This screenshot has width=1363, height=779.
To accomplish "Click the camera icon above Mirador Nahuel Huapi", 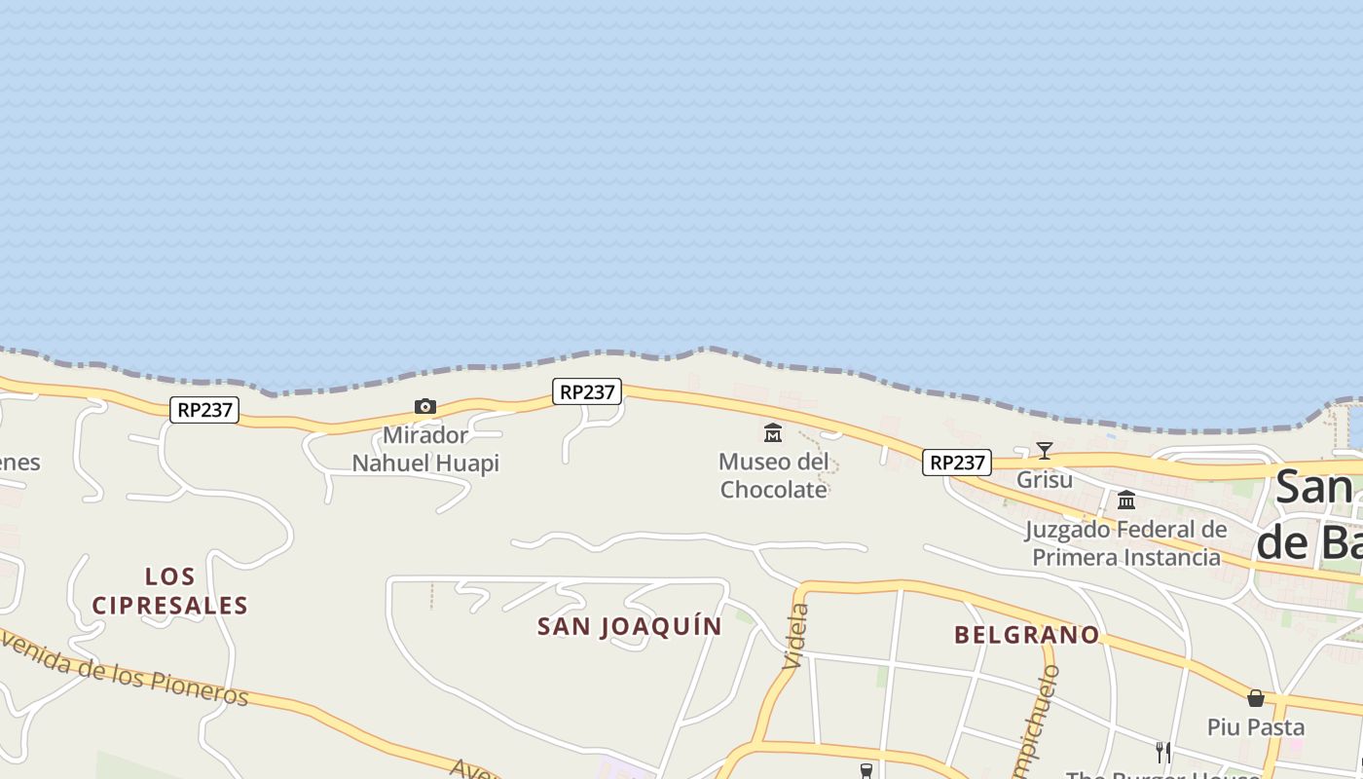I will coord(425,407).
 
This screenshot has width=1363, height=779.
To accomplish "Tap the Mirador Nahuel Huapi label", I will coord(425,449).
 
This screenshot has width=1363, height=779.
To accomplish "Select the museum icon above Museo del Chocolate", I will coord(773,432).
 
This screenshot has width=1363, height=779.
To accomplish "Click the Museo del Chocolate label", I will coord(774,475).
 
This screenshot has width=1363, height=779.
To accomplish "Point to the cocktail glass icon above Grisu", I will coord(1045,451).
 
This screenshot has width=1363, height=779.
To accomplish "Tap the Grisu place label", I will coord(1045,480).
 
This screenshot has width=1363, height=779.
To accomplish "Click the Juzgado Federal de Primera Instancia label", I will coord(1125,543).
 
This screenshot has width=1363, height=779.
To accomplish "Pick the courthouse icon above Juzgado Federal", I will coord(1126,501).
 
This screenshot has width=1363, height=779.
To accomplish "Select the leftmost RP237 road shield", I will coord(204,410).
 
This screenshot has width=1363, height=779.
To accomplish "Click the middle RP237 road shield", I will coord(587,391).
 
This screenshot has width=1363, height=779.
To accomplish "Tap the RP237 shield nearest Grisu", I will coord(957,463).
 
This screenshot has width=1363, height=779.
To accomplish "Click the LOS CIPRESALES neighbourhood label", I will coord(170,591).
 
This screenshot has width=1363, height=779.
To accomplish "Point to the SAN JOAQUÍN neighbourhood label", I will coord(630,626).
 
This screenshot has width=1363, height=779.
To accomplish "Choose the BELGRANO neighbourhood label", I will coord(1027,635).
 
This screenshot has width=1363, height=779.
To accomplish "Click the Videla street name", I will coord(795,635).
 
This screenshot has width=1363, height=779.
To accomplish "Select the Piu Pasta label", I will coord(1256,727).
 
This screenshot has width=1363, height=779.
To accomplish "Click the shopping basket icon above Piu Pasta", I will coord(1256,698).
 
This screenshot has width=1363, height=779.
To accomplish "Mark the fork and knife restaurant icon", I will coord(1162,752).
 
